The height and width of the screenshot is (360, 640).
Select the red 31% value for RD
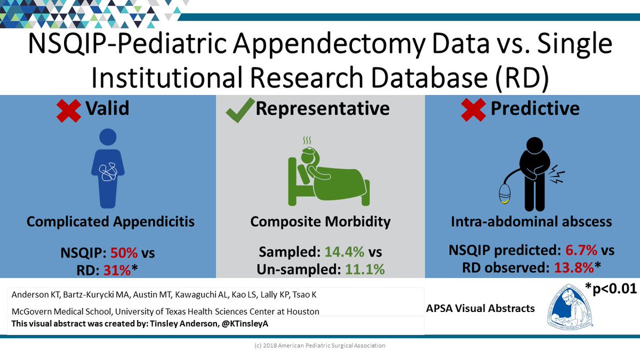pyautogui.click(x=117, y=269)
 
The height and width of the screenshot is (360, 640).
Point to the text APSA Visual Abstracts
pyautogui.click(x=480, y=308)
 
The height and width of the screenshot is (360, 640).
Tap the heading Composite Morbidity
pyautogui.click(x=320, y=221)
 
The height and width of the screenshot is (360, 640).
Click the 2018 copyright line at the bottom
pyautogui.click(x=320, y=346)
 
